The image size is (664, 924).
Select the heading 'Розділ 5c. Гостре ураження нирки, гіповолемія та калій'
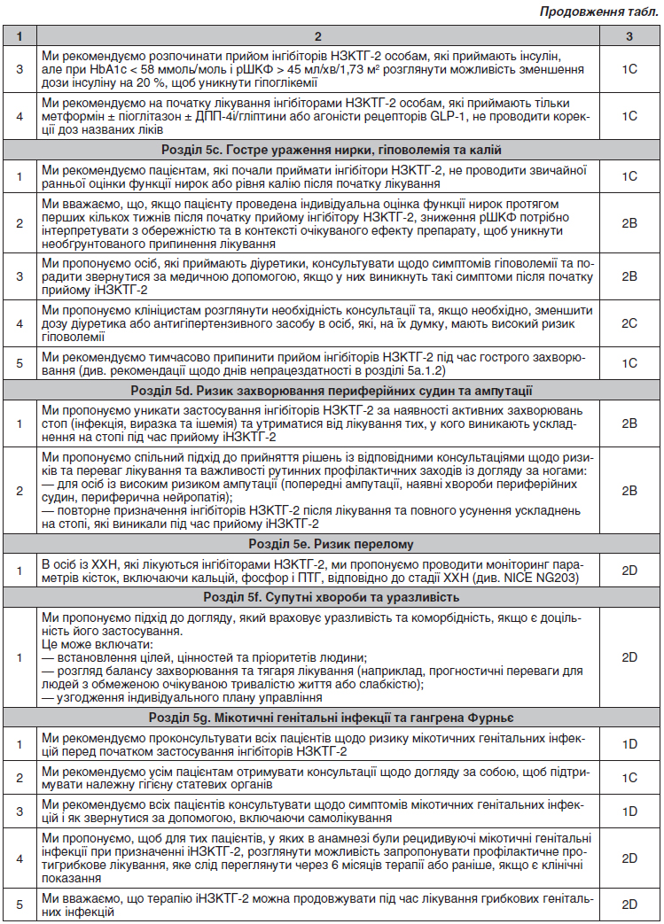(x=331, y=150)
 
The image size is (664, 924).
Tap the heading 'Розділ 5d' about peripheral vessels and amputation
(x=331, y=391)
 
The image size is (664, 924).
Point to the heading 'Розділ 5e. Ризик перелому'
(x=331, y=543)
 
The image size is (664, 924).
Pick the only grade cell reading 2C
(x=629, y=323)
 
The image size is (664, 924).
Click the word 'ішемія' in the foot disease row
(x=223, y=424)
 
